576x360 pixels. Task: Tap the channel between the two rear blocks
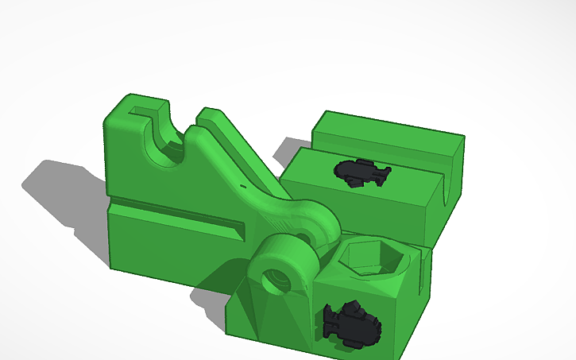click(x=381, y=154)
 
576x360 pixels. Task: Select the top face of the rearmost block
click(x=389, y=129)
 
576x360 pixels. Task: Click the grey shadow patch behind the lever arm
click(x=282, y=151)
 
